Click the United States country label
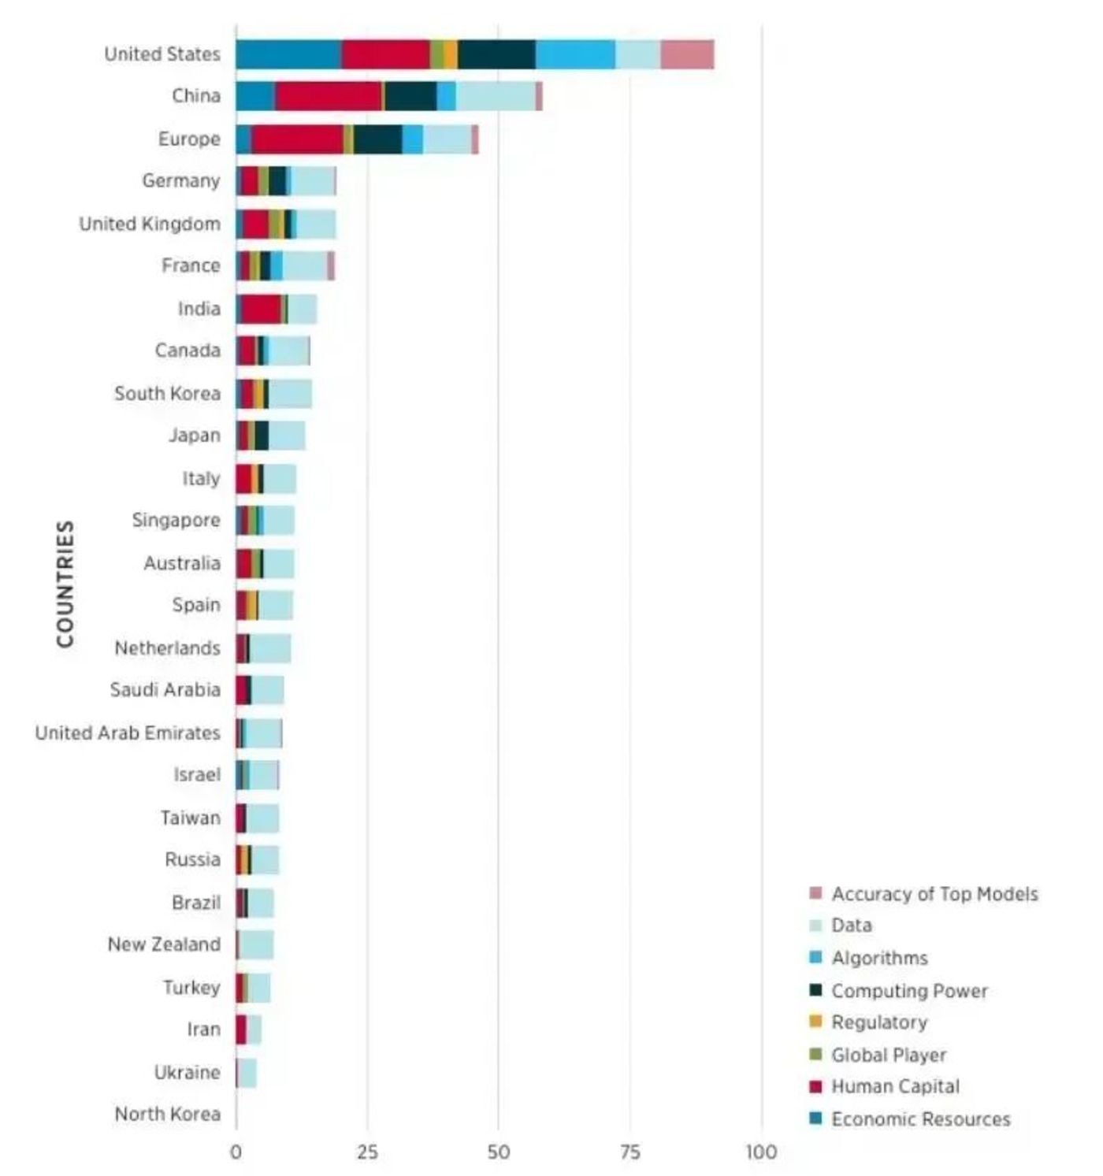tap(162, 54)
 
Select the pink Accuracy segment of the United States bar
tap(687, 54)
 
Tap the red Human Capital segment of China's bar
tap(329, 96)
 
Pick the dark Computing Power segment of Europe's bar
tap(377, 139)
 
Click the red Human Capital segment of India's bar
tap(261, 309)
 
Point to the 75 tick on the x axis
tap(629, 1152)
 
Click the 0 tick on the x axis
tap(236, 1152)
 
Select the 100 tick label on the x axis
tap(761, 1152)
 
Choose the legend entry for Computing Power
tap(909, 991)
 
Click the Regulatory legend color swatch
tap(815, 1022)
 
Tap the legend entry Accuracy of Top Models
tap(934, 894)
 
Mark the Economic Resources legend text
tap(920, 1119)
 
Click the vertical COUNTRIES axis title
tap(65, 584)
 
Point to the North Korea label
tap(167, 1114)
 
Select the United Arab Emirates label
tap(128, 733)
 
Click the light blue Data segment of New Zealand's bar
tap(256, 944)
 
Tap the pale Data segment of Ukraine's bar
tap(247, 1073)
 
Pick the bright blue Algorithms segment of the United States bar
tap(575, 54)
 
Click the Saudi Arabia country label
tap(165, 690)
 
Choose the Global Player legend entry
tap(889, 1055)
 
